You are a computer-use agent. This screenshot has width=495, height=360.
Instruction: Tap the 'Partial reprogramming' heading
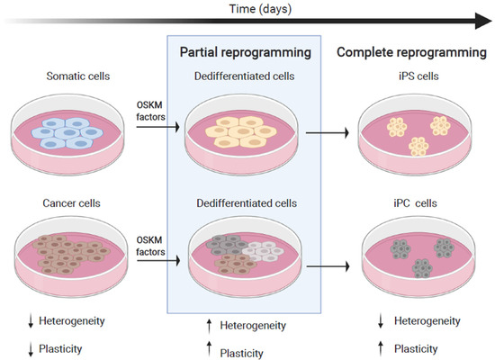247,51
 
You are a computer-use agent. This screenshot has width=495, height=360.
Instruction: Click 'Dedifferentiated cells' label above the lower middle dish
247,203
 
